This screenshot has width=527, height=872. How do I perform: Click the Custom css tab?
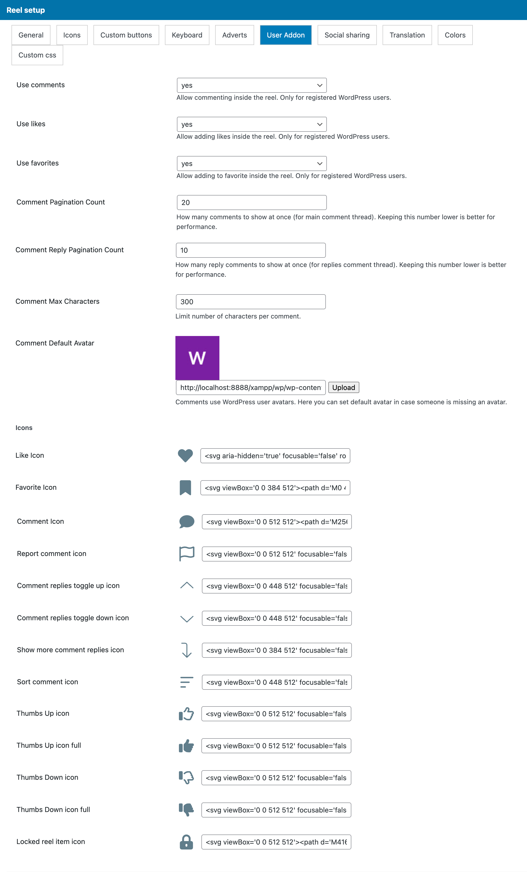[37, 55]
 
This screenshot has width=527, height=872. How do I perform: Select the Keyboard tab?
[187, 35]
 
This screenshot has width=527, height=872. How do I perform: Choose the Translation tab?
[407, 35]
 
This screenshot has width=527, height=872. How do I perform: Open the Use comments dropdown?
[251, 85]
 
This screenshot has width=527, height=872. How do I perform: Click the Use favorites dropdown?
[251, 163]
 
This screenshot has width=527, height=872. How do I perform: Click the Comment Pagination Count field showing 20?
[251, 202]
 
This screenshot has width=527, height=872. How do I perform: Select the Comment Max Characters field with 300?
[250, 302]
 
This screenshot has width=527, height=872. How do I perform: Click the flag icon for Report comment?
[187, 554]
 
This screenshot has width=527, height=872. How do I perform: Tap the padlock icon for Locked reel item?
[186, 842]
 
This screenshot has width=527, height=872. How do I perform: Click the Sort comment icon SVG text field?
[277, 682]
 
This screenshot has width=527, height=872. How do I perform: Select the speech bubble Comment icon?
[187, 522]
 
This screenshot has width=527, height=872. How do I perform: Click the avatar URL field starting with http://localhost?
[250, 387]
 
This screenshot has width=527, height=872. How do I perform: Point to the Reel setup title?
[26, 10]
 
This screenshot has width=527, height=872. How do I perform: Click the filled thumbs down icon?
[186, 810]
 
